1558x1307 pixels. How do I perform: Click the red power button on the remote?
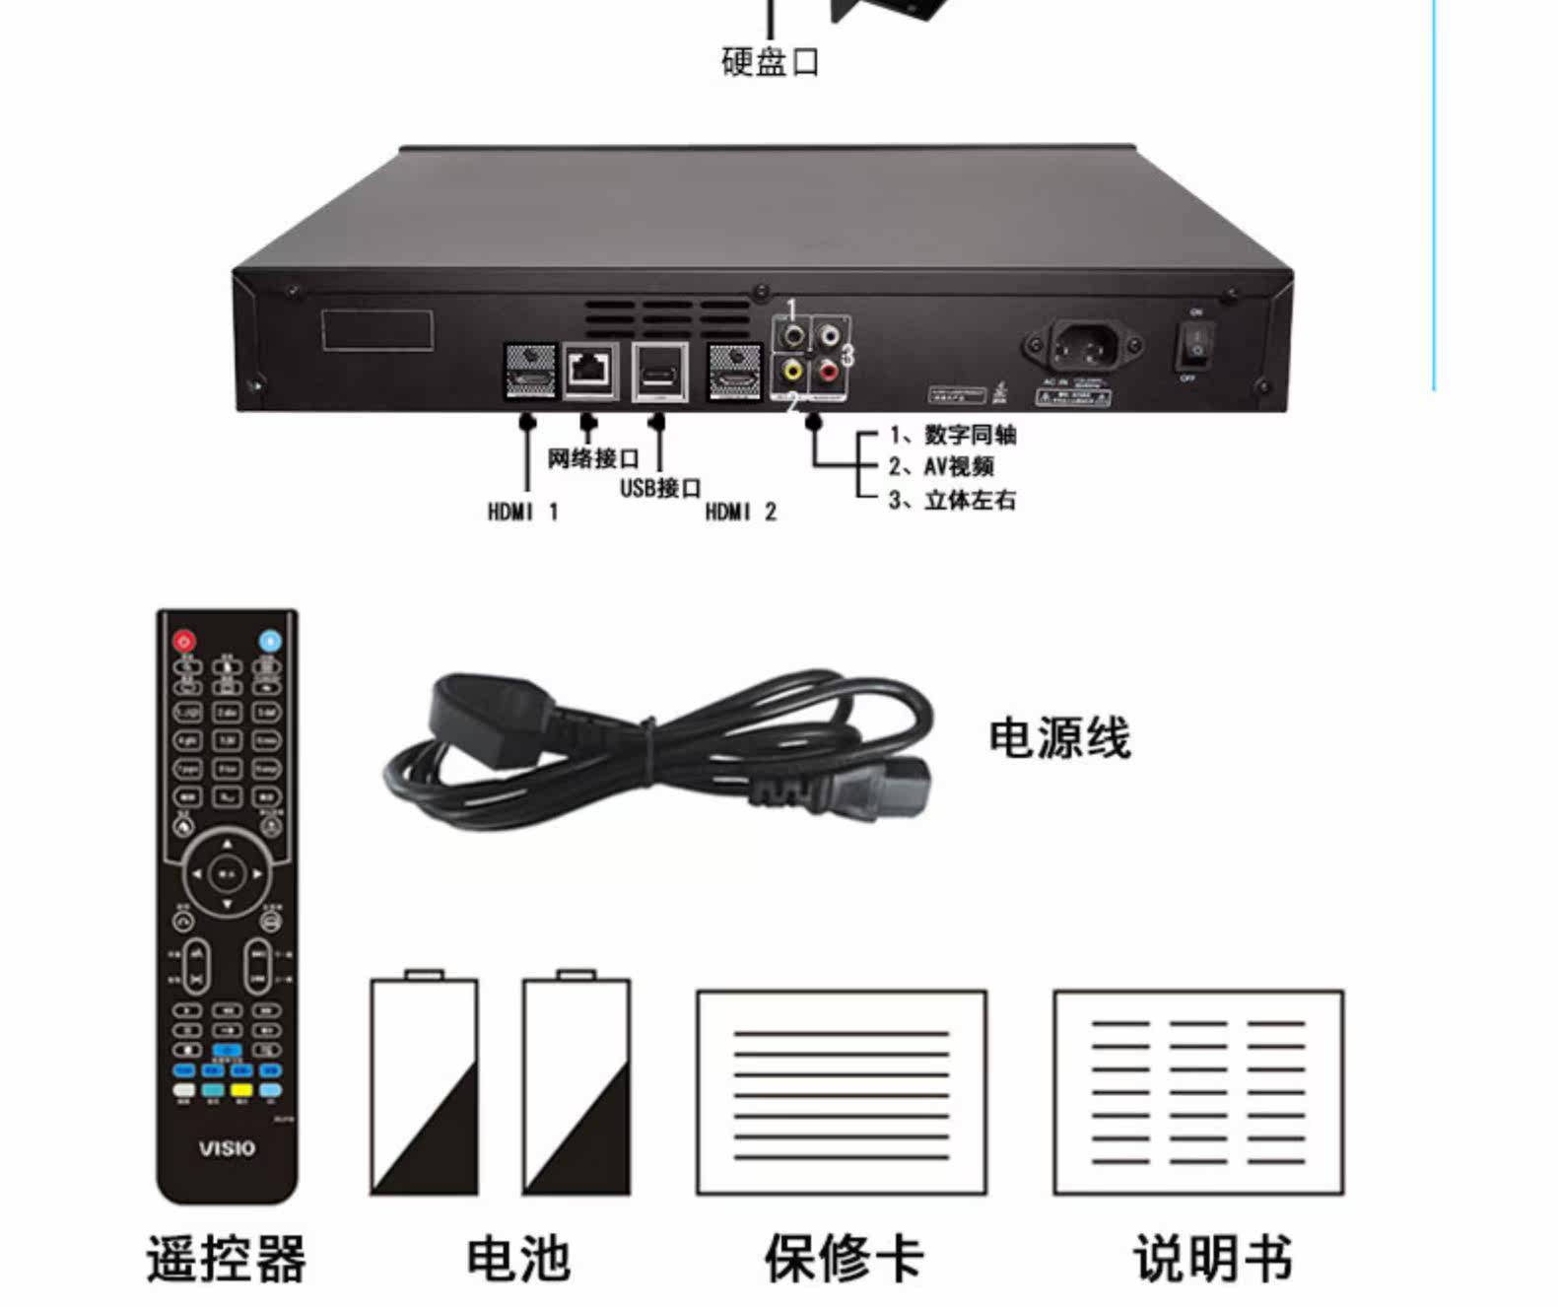pyautogui.click(x=184, y=641)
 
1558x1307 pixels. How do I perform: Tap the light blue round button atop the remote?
pyautogui.click(x=270, y=641)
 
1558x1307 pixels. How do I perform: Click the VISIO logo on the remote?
pyautogui.click(x=227, y=1148)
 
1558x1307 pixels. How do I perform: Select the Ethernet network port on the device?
pyautogui.click(x=590, y=371)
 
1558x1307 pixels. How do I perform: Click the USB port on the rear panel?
pyautogui.click(x=659, y=373)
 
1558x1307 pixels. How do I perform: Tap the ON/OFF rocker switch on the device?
pyautogui.click(x=1195, y=344)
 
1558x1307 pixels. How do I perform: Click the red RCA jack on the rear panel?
pyautogui.click(x=829, y=372)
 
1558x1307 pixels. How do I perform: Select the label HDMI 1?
pyautogui.click(x=523, y=512)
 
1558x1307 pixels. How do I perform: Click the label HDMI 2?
pyautogui.click(x=741, y=512)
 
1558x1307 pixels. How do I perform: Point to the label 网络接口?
pyautogui.click(x=593, y=458)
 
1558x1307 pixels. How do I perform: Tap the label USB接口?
pyautogui.click(x=660, y=488)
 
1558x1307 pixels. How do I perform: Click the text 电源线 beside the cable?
pyautogui.click(x=1060, y=737)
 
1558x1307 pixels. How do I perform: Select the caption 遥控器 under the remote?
pyautogui.click(x=227, y=1259)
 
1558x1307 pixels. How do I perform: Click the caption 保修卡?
pyautogui.click(x=844, y=1259)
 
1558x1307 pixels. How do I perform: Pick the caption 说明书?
pyautogui.click(x=1213, y=1259)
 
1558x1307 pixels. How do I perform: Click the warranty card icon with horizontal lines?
pyautogui.click(x=842, y=1093)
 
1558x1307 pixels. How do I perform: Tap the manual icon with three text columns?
pyautogui.click(x=1198, y=1093)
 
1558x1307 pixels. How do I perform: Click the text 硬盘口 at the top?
pyautogui.click(x=770, y=61)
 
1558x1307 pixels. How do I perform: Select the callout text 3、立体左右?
pyautogui.click(x=952, y=500)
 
